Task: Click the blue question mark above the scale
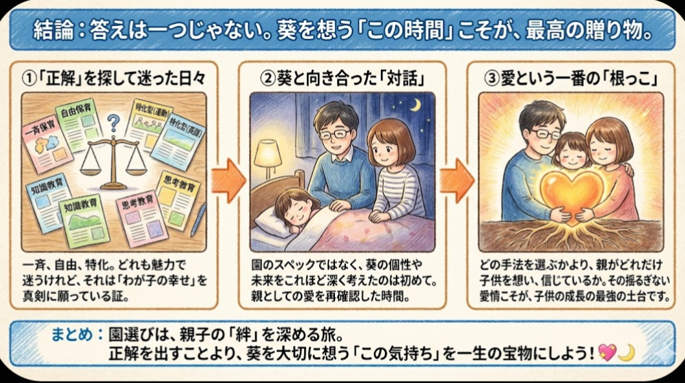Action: pyautogui.click(x=113, y=123)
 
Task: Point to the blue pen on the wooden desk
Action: pyautogui.click(x=198, y=220)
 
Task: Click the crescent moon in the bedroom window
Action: pyautogui.click(x=416, y=105)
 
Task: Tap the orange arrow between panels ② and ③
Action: pyautogui.click(x=457, y=181)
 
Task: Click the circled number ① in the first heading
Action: pyautogui.click(x=29, y=79)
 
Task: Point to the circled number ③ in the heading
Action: pyautogui.click(x=492, y=79)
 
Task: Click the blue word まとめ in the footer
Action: pyautogui.click(x=72, y=334)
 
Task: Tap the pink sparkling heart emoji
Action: pyautogui.click(x=607, y=352)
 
